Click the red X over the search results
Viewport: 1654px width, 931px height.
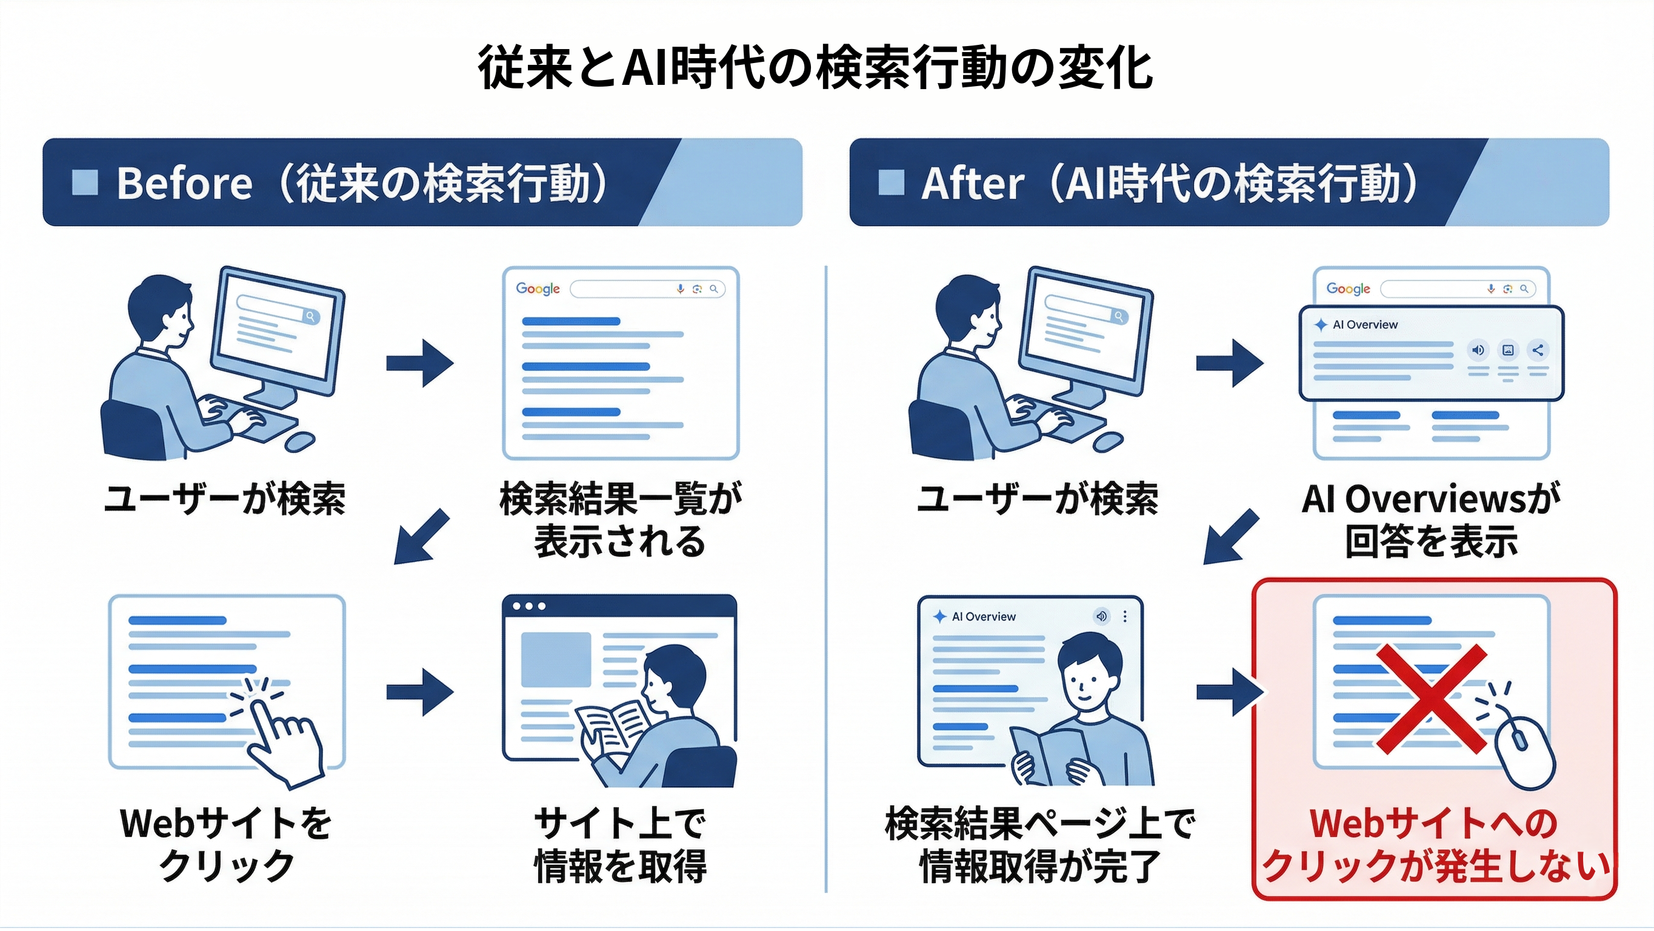point(1431,699)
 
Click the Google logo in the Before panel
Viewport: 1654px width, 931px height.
point(538,289)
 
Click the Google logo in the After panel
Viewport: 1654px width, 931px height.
point(1349,289)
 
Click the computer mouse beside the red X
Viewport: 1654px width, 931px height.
point(1524,751)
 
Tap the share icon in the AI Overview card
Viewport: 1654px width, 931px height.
point(1538,350)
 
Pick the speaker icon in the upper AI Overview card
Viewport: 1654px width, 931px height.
point(1478,350)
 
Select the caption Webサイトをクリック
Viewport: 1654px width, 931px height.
point(226,844)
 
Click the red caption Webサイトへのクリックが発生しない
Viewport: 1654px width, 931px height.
point(1435,844)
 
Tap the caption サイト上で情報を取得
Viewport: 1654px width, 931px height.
point(620,844)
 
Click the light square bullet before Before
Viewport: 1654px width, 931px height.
point(85,182)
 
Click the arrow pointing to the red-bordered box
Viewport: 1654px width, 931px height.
point(1229,692)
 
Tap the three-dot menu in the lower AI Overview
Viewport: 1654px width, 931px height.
point(1125,616)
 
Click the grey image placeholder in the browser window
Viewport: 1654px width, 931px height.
point(555,659)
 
